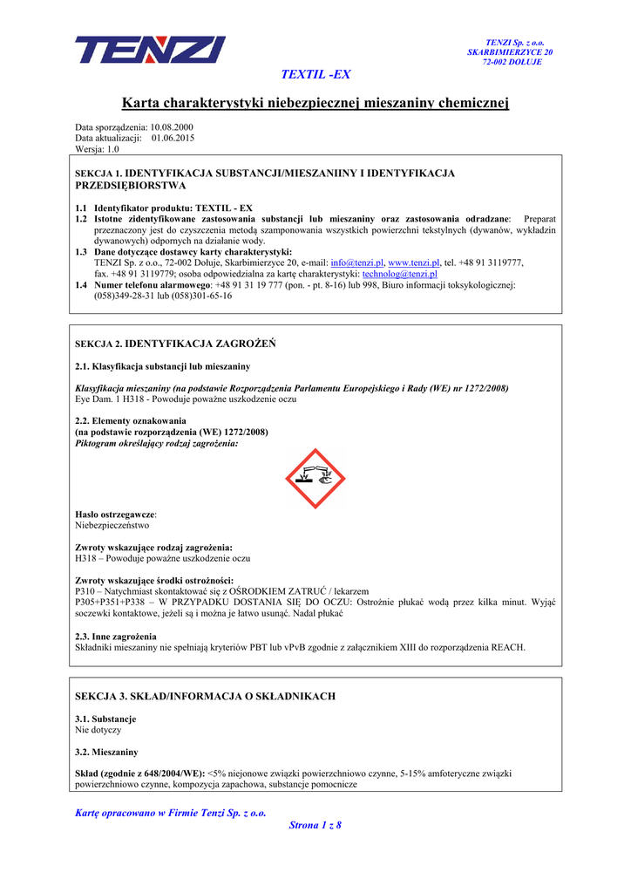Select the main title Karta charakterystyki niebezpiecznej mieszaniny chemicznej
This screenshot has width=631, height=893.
(x=315, y=104)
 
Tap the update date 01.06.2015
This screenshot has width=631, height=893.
(x=173, y=138)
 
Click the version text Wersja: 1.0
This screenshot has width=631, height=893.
(x=97, y=149)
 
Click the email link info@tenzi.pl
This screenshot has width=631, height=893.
(x=356, y=262)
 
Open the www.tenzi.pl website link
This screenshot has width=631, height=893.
(x=413, y=262)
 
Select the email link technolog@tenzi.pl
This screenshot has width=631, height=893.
(x=399, y=274)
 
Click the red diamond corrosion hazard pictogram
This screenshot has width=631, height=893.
(x=315, y=480)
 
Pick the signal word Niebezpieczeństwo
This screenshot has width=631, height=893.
(x=112, y=526)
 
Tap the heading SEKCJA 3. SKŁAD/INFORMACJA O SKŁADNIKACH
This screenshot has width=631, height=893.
(x=206, y=696)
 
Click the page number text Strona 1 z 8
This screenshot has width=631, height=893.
(x=315, y=825)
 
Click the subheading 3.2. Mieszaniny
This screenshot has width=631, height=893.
(x=106, y=751)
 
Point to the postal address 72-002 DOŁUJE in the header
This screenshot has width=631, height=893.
(x=512, y=62)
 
